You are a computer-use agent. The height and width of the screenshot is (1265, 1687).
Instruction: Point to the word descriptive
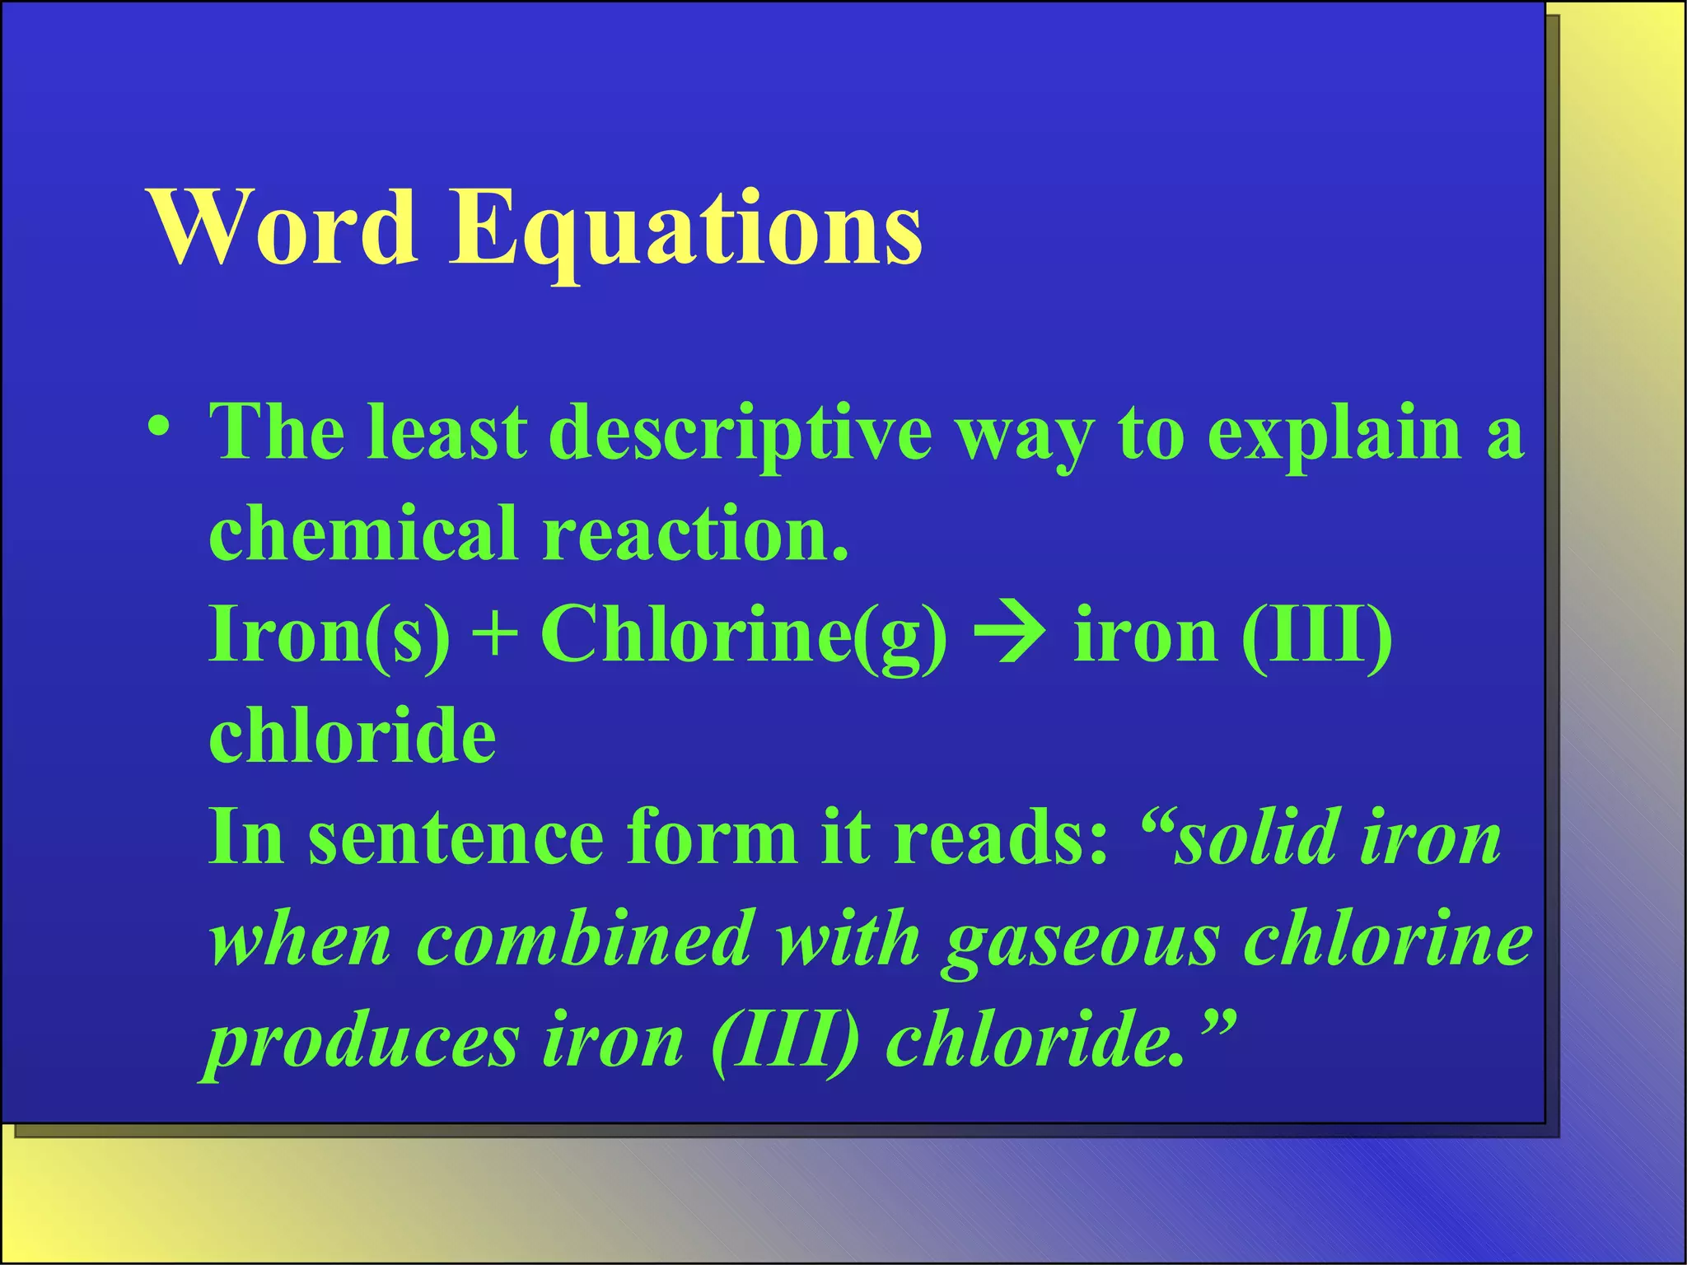point(741,434)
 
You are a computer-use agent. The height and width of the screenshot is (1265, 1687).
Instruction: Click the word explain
point(1334,434)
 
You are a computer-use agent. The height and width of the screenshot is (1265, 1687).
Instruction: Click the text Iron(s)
point(330,634)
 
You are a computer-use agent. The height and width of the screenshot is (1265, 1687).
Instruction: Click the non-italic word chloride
point(353,735)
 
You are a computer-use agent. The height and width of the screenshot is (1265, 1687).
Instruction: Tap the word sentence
point(456,838)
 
